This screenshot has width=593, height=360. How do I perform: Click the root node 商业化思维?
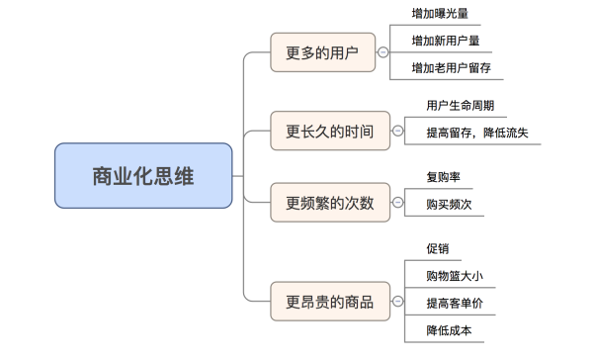[143, 176]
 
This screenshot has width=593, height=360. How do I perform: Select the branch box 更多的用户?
[322, 51]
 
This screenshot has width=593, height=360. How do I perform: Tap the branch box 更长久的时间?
[329, 131]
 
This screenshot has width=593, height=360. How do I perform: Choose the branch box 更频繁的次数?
[329, 204]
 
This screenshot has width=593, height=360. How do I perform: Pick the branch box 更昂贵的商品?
[329, 301]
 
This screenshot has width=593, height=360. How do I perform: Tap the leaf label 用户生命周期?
[461, 106]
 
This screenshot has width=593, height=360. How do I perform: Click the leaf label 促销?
[437, 248]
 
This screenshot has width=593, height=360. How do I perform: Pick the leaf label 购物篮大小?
[453, 275]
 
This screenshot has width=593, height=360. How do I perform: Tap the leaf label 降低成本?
[448, 329]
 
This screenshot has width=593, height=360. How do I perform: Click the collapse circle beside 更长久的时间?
[397, 131]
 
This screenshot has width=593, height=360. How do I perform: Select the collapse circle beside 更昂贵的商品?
[397, 301]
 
